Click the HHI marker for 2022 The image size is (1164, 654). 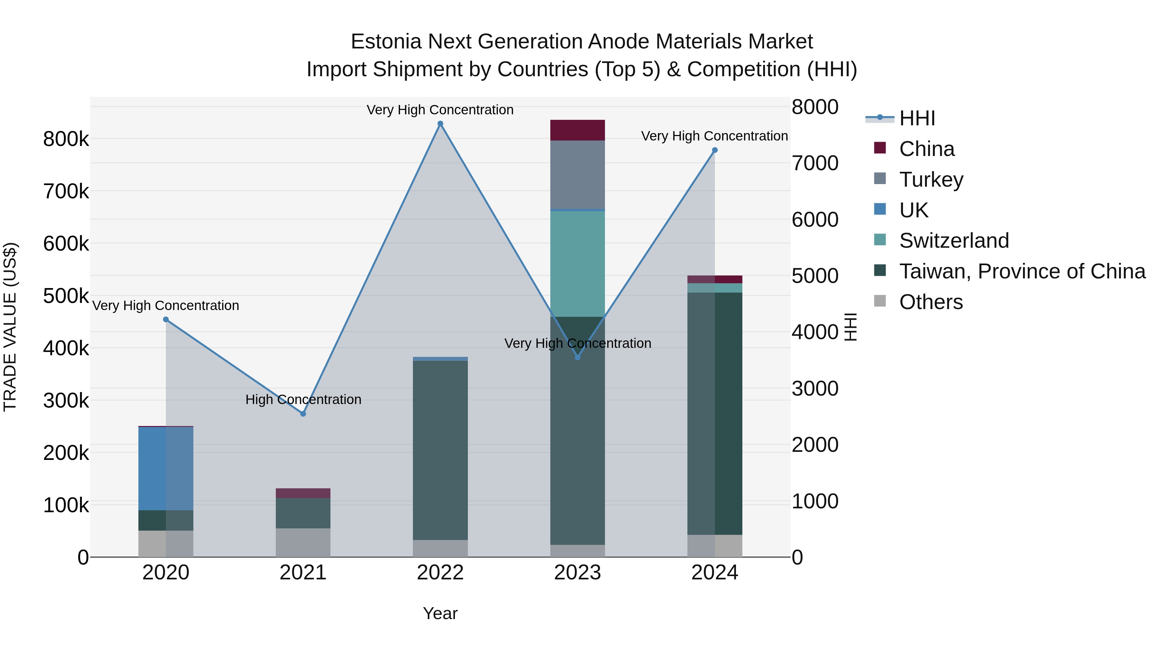[x=440, y=124]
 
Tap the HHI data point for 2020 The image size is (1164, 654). [x=166, y=319]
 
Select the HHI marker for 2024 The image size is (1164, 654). [x=714, y=150]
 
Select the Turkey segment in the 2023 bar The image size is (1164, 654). [x=577, y=175]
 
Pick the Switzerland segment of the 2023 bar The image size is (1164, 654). [x=577, y=264]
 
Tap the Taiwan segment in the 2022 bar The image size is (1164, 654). [x=440, y=450]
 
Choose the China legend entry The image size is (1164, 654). [x=926, y=149]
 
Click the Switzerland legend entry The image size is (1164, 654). [x=954, y=241]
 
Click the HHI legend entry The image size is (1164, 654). [x=916, y=118]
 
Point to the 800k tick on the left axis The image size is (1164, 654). [x=66, y=139]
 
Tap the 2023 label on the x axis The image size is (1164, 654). [x=577, y=573]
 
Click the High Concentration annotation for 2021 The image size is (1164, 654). [x=303, y=400]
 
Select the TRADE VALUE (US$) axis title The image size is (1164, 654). [x=10, y=327]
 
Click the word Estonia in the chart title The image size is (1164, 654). [x=386, y=42]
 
